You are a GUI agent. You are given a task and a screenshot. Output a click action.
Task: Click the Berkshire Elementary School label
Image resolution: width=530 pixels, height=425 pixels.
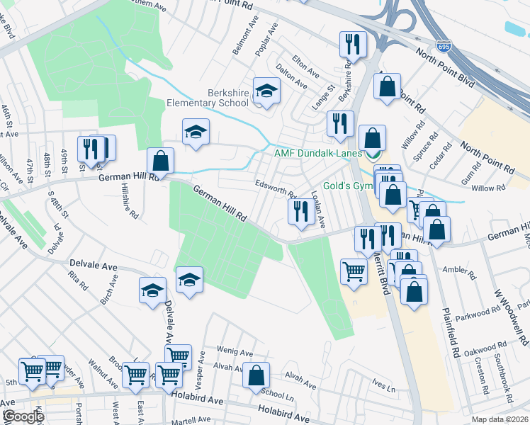pyautogui.click(x=228, y=98)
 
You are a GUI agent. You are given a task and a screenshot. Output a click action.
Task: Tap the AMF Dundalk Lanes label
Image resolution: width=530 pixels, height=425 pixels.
pyautogui.click(x=317, y=153)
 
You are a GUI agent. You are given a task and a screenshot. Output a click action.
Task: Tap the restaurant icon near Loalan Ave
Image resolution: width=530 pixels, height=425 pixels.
pyautogui.click(x=300, y=211)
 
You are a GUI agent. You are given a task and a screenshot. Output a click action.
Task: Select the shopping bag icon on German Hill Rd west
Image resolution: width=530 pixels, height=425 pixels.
pyautogui.click(x=161, y=161)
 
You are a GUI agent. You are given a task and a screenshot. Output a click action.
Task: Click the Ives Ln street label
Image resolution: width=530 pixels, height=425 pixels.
pyautogui.click(x=383, y=385)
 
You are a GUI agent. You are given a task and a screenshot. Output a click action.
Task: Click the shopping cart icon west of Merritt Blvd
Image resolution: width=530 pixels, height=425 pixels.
pyautogui.click(x=354, y=270)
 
